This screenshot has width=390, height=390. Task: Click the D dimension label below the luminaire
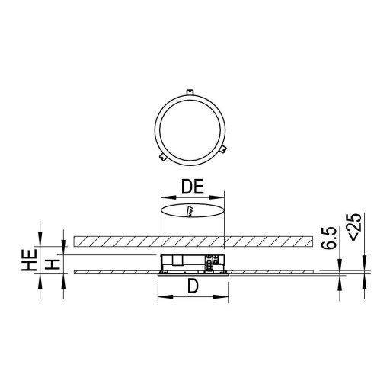[x=193, y=288]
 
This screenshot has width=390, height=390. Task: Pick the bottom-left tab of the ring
[x=162, y=157]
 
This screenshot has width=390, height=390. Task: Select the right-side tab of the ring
[x=226, y=149]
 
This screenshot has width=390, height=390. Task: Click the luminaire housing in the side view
[x=192, y=263]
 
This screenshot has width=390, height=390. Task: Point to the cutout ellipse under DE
[x=193, y=210]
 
